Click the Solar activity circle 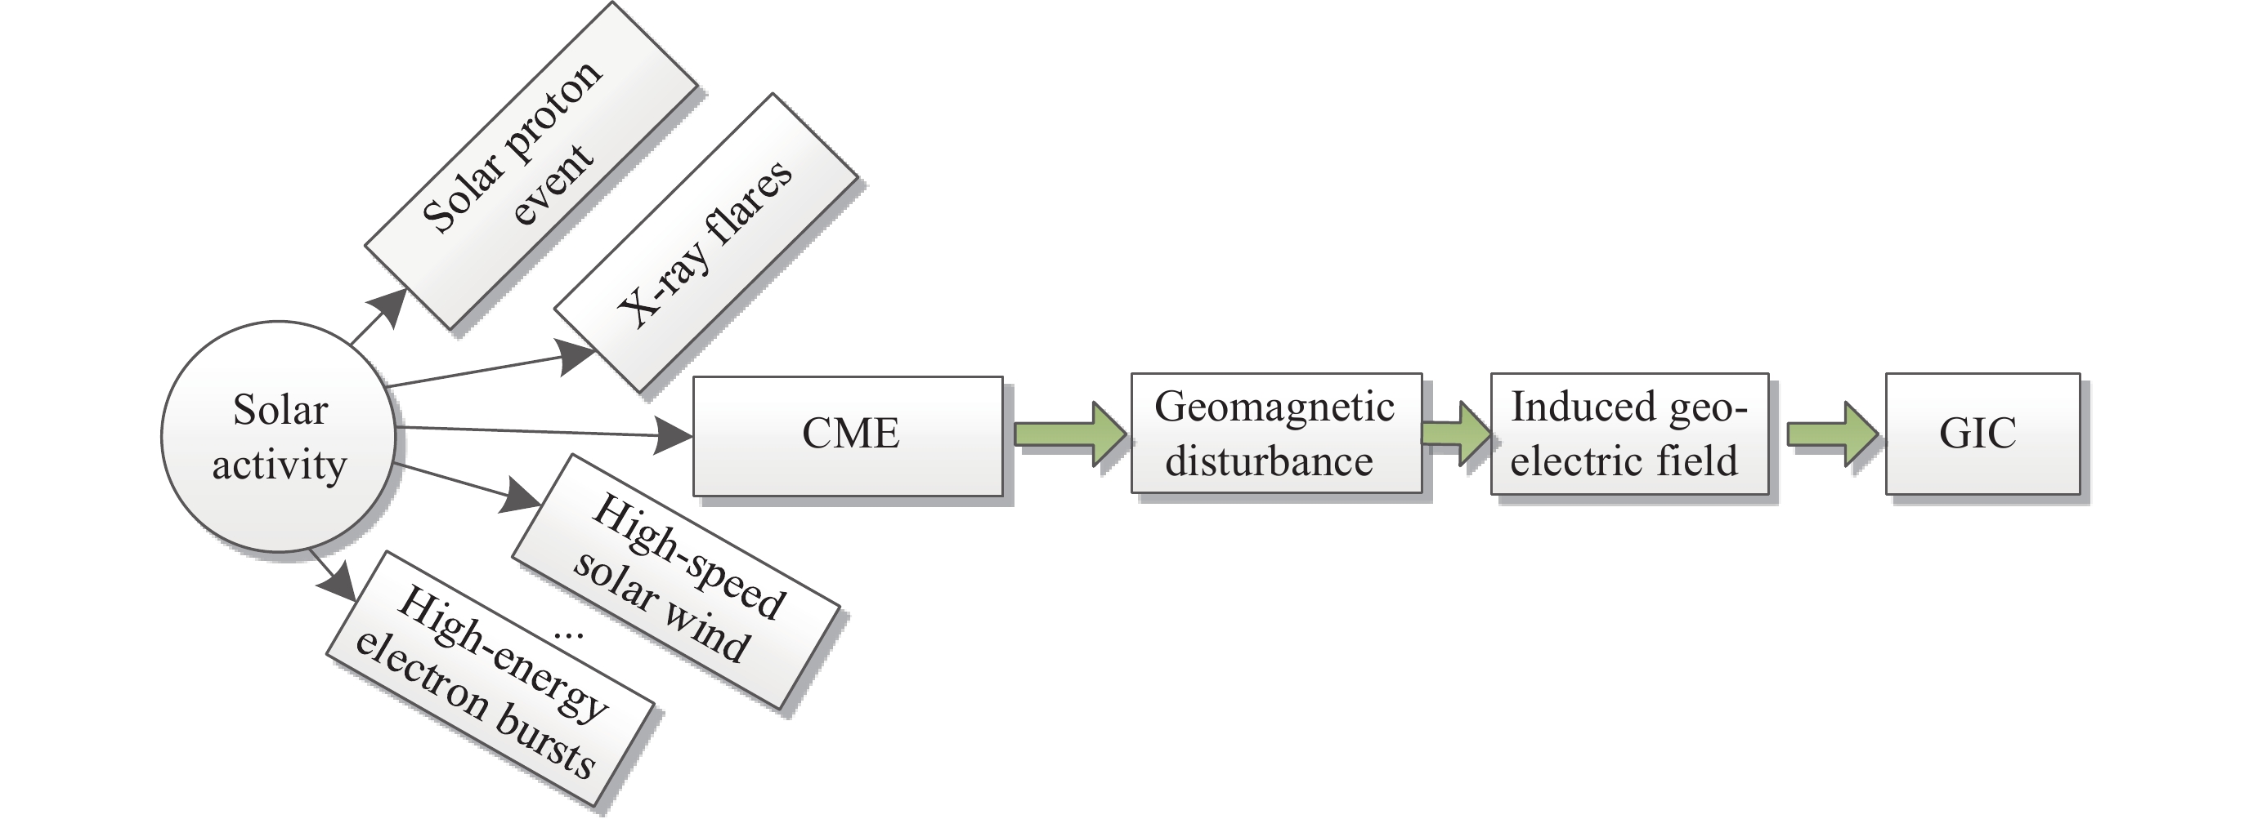(x=279, y=437)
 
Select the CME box (x=848, y=435)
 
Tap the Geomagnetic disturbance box (x=1275, y=434)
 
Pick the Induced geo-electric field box (x=1628, y=434)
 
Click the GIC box (x=1982, y=434)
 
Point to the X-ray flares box (x=705, y=243)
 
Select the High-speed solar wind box (x=675, y=581)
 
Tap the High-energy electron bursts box (x=490, y=678)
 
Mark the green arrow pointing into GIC (x=1831, y=434)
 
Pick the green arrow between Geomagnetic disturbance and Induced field (x=1455, y=434)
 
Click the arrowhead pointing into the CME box (x=674, y=434)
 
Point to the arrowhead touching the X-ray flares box (x=576, y=356)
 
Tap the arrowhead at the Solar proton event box (x=388, y=307)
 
